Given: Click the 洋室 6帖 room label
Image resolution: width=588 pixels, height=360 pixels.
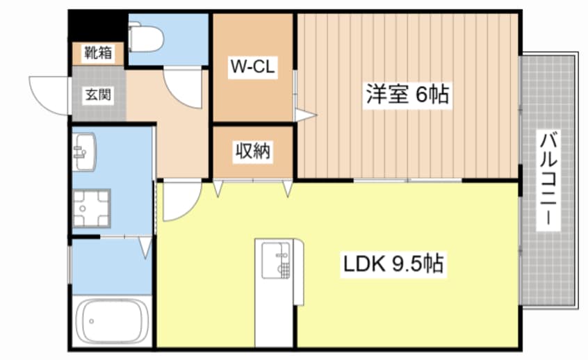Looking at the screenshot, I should [407, 95].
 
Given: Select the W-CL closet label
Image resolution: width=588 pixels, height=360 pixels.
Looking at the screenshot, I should [254, 67].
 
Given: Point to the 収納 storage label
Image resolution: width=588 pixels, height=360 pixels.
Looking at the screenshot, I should [253, 151].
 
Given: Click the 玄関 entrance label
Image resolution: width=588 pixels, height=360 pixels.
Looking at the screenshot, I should [98, 95].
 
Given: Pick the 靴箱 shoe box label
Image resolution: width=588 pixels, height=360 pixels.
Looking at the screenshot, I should [98, 52].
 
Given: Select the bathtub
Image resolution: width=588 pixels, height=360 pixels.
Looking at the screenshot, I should [113, 322].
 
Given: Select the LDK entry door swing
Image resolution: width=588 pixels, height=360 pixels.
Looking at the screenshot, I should [181, 202].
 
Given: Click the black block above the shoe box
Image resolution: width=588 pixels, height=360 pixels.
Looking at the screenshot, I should [98, 27].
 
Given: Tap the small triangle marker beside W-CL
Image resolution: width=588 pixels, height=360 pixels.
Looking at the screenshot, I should [304, 115].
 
